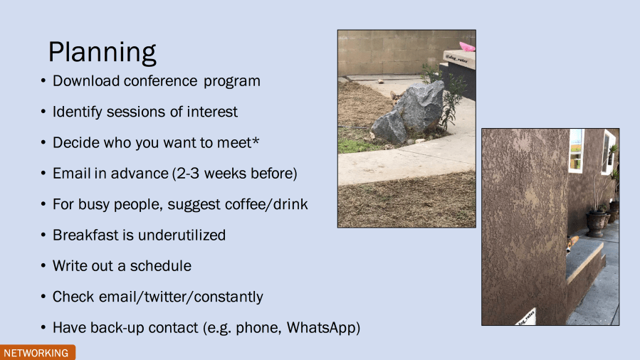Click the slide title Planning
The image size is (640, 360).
102,53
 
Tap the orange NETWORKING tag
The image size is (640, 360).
38,353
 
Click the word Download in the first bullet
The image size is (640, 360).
85,80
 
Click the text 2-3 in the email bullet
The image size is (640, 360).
188,174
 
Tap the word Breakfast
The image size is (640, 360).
85,235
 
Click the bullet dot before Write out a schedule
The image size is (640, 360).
43,266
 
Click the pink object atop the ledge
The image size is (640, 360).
467,47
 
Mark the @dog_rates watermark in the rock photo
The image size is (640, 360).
457,59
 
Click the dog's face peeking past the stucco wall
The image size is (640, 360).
572,244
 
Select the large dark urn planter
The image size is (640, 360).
596,224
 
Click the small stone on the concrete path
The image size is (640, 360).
380,82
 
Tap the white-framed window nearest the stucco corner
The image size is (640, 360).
577,150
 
